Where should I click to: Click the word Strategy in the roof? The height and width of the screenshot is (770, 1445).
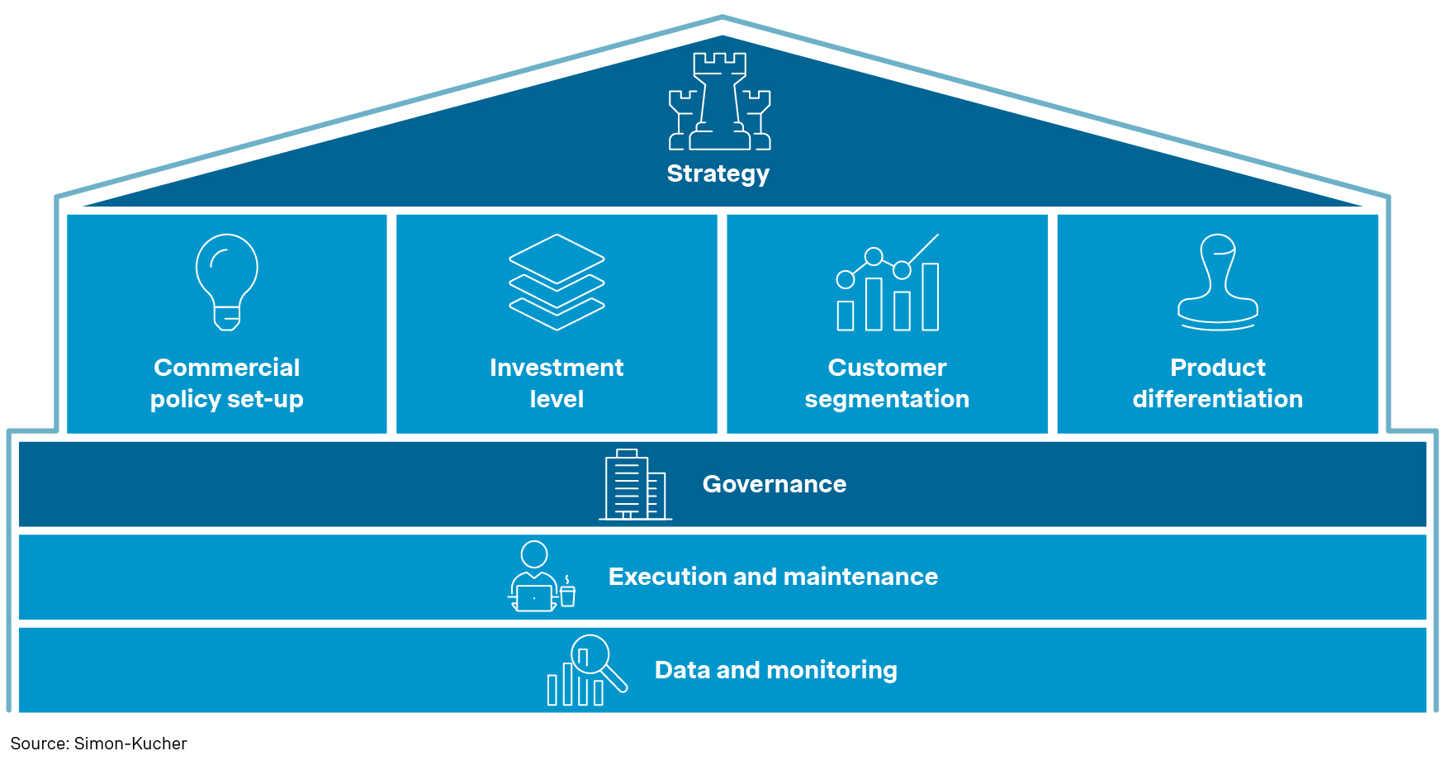pyautogui.click(x=718, y=173)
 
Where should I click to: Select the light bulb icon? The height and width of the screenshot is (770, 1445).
pyautogui.click(x=227, y=281)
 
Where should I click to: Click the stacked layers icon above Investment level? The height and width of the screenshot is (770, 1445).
pyautogui.click(x=557, y=281)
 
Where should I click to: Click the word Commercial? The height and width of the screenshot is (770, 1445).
pyautogui.click(x=227, y=368)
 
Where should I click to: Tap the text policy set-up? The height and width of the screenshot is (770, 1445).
pyautogui.click(x=227, y=399)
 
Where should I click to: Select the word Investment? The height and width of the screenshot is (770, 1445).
pyautogui.click(x=557, y=368)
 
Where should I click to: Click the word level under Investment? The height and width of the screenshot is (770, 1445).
pyautogui.click(x=557, y=399)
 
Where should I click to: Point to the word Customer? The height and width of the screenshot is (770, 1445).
pyautogui.click(x=887, y=368)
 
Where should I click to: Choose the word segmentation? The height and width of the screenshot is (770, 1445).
pyautogui.click(x=887, y=399)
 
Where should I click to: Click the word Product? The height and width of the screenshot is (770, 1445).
pyautogui.click(x=1217, y=368)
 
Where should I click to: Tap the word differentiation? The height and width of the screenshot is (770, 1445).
pyautogui.click(x=1217, y=399)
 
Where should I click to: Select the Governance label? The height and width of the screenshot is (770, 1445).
pyautogui.click(x=774, y=484)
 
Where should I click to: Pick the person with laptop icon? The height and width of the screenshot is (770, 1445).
pyautogui.click(x=537, y=577)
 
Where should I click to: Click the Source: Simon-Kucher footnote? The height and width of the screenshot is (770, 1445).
pyautogui.click(x=98, y=744)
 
